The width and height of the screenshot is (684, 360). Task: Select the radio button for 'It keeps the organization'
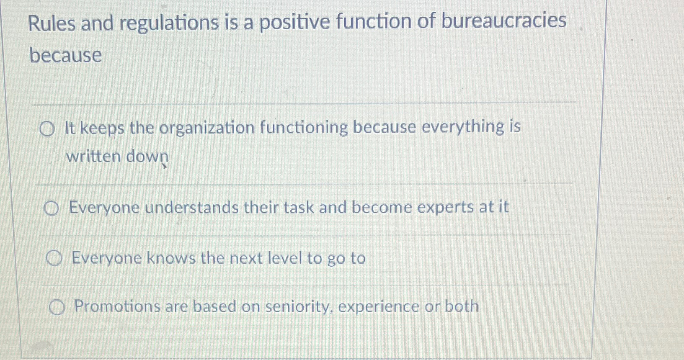click(x=47, y=130)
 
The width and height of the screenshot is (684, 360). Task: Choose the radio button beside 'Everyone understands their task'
click(x=51, y=208)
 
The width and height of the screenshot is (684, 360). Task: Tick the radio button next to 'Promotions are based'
click(x=57, y=309)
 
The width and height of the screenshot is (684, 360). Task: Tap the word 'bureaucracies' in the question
click(x=503, y=21)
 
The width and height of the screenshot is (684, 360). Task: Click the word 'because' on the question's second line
click(x=66, y=56)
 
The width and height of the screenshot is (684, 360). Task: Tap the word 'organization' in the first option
click(x=207, y=128)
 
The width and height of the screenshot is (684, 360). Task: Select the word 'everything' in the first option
click(x=463, y=127)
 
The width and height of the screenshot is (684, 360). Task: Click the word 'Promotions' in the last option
click(x=117, y=307)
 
